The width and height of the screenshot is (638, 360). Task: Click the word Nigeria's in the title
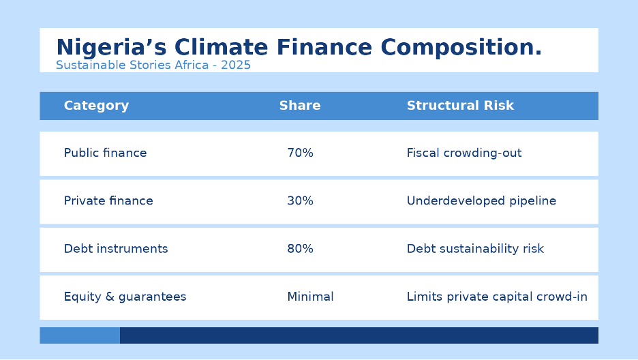tap(111, 47)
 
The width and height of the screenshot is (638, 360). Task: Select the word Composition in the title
tap(458, 47)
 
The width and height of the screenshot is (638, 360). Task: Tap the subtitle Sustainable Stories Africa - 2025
tap(153, 65)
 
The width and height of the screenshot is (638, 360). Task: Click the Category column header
tap(96, 106)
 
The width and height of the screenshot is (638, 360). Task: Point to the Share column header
tap(300, 106)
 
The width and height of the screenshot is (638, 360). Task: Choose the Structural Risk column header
tap(460, 106)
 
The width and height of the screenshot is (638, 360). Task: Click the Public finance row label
tap(106, 153)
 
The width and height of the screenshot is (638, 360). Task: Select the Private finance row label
tap(108, 201)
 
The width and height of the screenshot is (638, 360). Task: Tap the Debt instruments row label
tap(116, 249)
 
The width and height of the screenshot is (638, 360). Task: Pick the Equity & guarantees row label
tap(125, 297)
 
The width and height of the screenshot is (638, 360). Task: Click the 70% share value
tap(301, 153)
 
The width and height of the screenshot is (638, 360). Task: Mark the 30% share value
tap(301, 201)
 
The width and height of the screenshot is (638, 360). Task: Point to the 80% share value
tap(301, 249)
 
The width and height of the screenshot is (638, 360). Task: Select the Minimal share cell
tap(310, 297)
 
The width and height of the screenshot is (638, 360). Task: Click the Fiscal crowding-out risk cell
tap(464, 153)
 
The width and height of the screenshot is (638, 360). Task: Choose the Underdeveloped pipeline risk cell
tap(481, 201)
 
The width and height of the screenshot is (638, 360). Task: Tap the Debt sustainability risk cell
tap(475, 249)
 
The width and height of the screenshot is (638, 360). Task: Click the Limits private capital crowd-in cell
tap(497, 297)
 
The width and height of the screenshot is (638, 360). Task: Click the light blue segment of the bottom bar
tap(80, 335)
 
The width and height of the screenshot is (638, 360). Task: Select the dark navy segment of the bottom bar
tap(359, 335)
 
